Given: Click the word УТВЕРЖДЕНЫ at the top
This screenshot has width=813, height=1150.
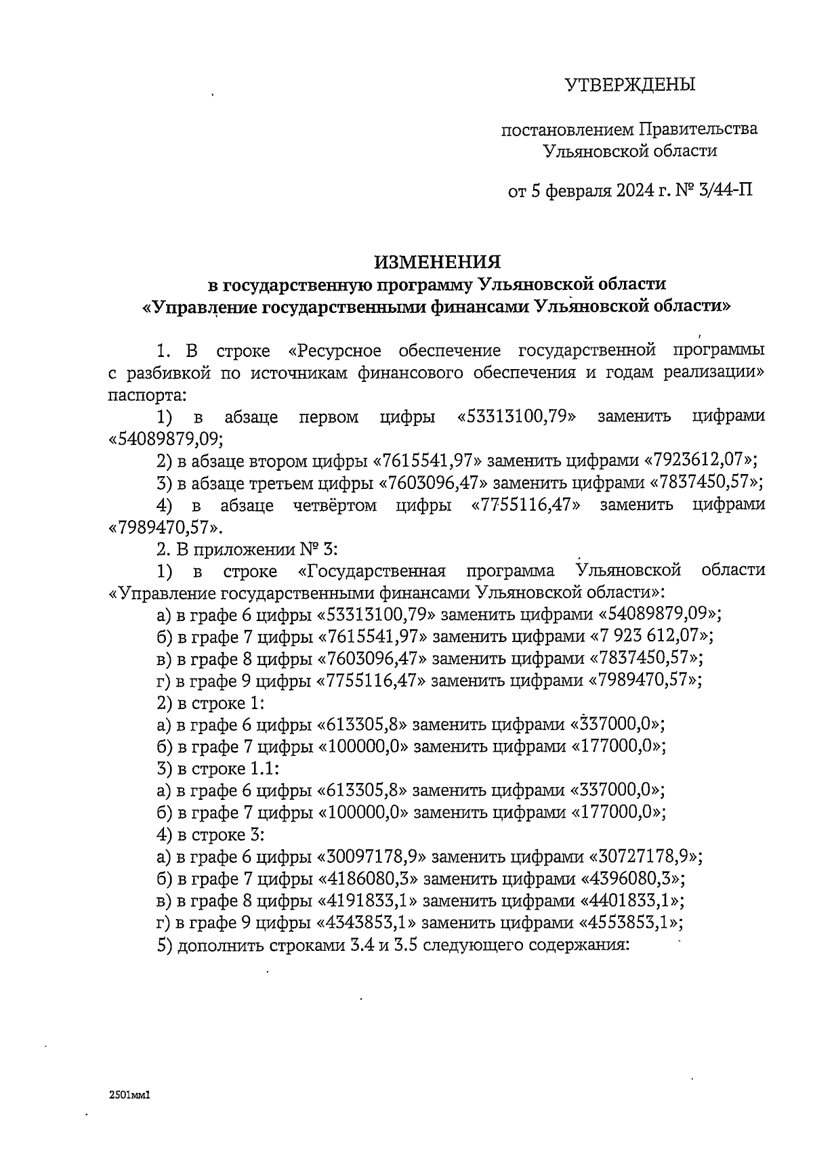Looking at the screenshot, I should pyautogui.click(x=630, y=85).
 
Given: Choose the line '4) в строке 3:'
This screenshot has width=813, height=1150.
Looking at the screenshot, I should pyautogui.click(x=209, y=834).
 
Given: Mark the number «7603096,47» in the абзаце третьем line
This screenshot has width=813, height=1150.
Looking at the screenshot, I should pyautogui.click(x=432, y=483).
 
